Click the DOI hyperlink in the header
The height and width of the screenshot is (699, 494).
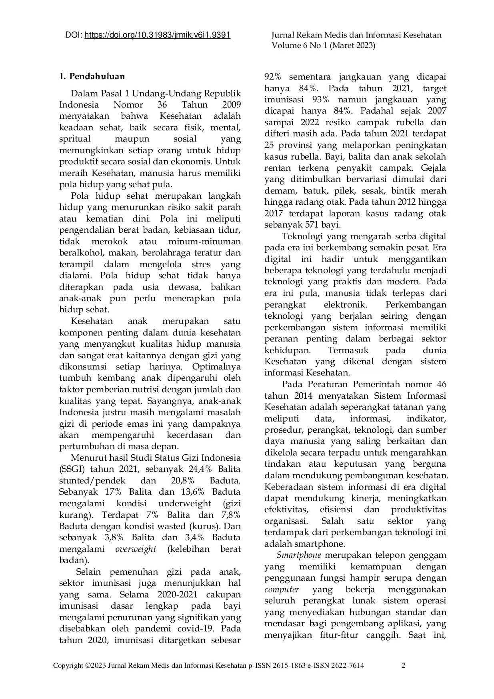coord(158,35)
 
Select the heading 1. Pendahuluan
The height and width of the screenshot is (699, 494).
coord(92,76)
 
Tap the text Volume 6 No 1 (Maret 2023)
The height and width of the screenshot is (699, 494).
coord(323,46)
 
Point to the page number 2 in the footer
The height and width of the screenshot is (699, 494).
coord(403,665)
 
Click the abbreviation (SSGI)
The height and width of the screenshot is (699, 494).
coord(72,469)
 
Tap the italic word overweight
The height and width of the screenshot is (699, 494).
coord(136,549)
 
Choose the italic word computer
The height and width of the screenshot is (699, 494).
coord(282,589)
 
